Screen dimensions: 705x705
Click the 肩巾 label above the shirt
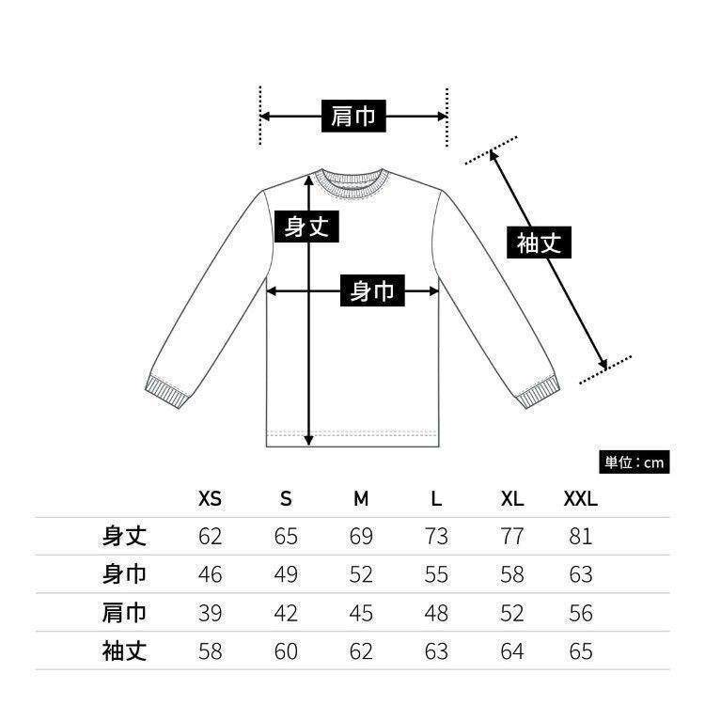pyautogui.click(x=353, y=117)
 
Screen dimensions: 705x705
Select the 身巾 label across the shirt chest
pyautogui.click(x=372, y=292)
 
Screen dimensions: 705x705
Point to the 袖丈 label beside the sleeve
pyautogui.click(x=540, y=243)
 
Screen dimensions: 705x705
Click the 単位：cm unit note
pyautogui.click(x=634, y=462)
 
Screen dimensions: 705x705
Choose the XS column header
pyautogui.click(x=211, y=499)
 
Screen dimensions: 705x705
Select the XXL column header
pyautogui.click(x=580, y=499)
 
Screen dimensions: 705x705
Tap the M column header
pyautogui.click(x=361, y=499)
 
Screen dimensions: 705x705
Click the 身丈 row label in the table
pyautogui.click(x=125, y=537)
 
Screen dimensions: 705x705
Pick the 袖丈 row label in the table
pyautogui.click(x=125, y=650)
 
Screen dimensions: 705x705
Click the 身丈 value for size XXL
pyautogui.click(x=581, y=537)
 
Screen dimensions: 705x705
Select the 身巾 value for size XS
pyautogui.click(x=211, y=574)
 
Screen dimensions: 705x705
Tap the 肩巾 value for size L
pyautogui.click(x=436, y=613)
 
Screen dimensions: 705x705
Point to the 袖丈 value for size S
pyautogui.click(x=286, y=650)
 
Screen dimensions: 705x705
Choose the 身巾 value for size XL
pyautogui.click(x=511, y=574)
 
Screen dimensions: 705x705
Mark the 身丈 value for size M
pyautogui.click(x=361, y=537)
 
